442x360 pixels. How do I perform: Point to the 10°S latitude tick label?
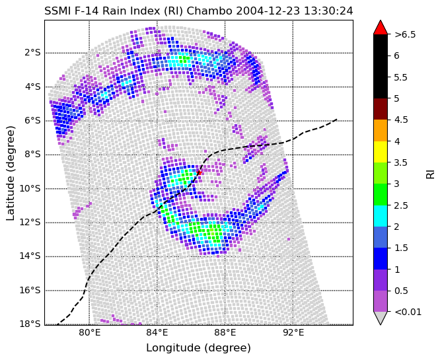tap(30, 188)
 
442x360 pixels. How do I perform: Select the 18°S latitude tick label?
tap(30, 324)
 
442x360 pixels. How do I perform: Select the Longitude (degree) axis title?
tap(198, 348)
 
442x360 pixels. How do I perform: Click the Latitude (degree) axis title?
tap(11, 172)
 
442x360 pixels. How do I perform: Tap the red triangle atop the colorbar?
tap(380, 27)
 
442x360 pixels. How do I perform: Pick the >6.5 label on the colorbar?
tap(404, 35)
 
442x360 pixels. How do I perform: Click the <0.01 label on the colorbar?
tap(407, 312)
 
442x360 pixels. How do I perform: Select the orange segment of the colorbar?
tap(380, 130)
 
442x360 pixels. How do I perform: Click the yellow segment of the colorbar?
tap(380, 151)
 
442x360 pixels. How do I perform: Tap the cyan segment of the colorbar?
tap(380, 215)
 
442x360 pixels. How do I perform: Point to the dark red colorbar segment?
tap(380, 109)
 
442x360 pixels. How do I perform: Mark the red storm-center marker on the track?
tap(199, 172)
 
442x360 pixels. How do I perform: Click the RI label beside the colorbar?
tap(430, 173)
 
